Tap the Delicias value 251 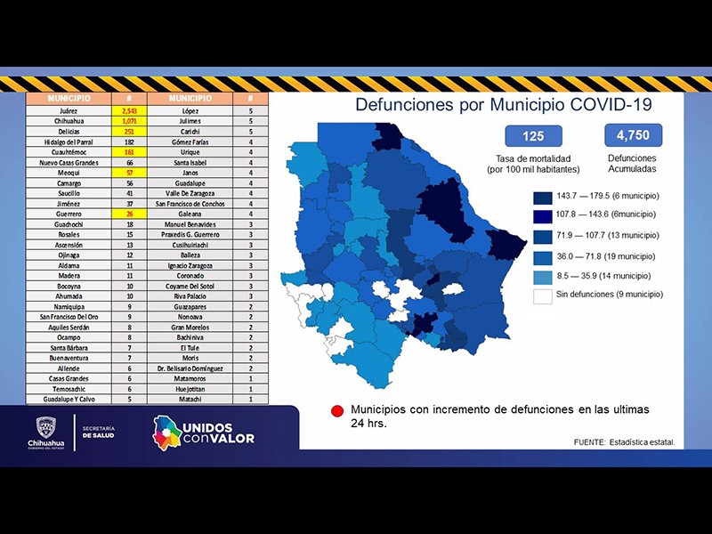(x=129, y=131)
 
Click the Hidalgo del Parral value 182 (x=129, y=142)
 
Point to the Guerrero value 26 (x=129, y=214)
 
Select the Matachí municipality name (x=190, y=400)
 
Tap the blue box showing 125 (x=533, y=137)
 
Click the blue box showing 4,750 (x=633, y=135)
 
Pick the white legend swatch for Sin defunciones (x=542, y=295)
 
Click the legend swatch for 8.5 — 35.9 (x=542, y=275)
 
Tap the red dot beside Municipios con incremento (x=337, y=411)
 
